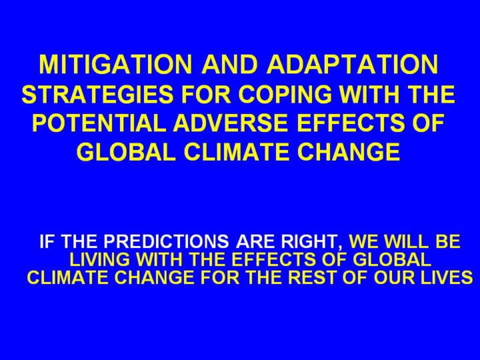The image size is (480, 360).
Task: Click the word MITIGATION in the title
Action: [x=115, y=64]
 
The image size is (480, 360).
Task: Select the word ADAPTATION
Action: [x=353, y=64]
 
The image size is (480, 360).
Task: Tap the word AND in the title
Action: [x=229, y=64]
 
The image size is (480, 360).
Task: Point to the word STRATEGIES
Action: [x=97, y=94]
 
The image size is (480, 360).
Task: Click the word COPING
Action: [x=285, y=94]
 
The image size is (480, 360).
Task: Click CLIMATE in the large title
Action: [x=237, y=151]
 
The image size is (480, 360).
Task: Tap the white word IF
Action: [x=47, y=241]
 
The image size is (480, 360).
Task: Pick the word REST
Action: [x=312, y=277]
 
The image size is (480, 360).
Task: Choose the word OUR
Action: [x=394, y=277]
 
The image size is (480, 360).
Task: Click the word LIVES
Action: [x=446, y=277]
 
